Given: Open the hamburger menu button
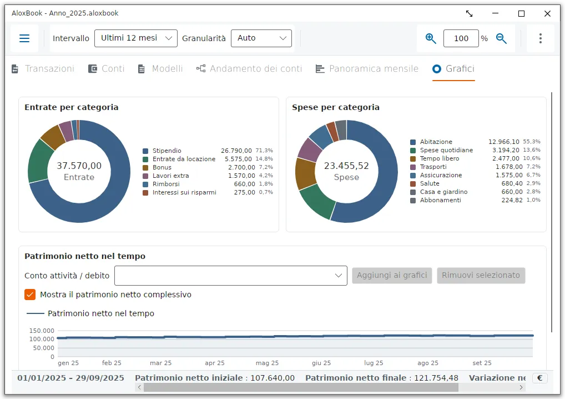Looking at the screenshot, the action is click(24, 38).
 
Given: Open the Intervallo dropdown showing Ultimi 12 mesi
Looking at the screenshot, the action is click(136, 38).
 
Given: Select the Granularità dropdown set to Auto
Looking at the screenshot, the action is click(261, 38).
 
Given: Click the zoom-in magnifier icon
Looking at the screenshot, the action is click(431, 38).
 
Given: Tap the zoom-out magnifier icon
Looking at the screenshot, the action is click(501, 38).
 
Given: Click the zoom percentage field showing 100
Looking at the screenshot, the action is click(461, 38).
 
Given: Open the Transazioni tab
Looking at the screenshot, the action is click(43, 68).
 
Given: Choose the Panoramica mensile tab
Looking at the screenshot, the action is click(367, 68).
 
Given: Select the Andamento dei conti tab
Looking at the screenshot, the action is click(249, 68).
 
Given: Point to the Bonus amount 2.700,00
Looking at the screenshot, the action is click(241, 167).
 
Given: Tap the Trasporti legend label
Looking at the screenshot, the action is click(433, 167).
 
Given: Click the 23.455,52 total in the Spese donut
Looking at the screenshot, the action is click(346, 166).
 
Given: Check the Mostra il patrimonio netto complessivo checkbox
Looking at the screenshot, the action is click(30, 295).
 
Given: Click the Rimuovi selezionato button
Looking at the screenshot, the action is click(481, 275).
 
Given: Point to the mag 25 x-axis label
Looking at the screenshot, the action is click(267, 363).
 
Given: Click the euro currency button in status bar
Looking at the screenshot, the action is click(540, 378).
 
